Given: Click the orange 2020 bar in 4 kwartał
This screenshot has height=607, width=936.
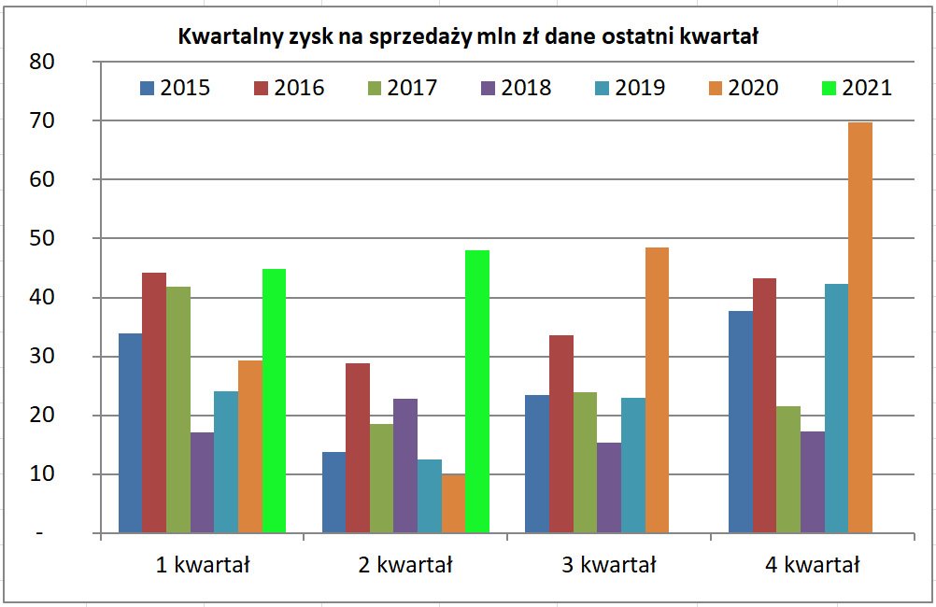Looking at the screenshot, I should pyautogui.click(x=860, y=327).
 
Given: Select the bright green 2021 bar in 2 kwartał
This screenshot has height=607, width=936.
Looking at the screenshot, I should pyautogui.click(x=477, y=391).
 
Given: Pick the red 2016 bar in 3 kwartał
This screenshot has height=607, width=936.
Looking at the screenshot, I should pyautogui.click(x=561, y=433).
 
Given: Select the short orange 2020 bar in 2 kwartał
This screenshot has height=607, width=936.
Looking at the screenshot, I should pyautogui.click(x=453, y=503).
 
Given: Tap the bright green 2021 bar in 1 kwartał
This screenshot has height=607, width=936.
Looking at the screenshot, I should pyautogui.click(x=275, y=401).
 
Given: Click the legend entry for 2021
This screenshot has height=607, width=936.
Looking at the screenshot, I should pyautogui.click(x=856, y=88).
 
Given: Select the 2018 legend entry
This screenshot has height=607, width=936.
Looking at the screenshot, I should pyautogui.click(x=515, y=88).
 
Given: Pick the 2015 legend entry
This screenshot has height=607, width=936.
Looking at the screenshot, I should pyautogui.click(x=175, y=88).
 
